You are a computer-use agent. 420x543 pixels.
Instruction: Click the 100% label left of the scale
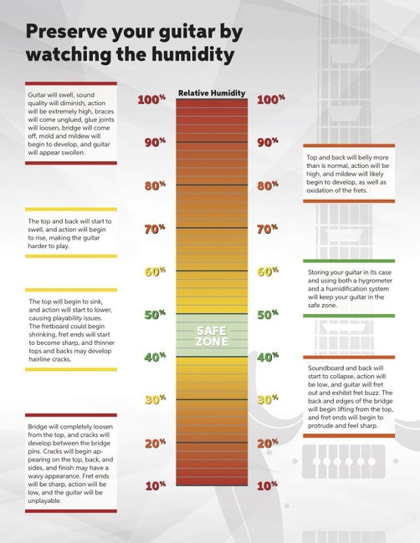[151, 100]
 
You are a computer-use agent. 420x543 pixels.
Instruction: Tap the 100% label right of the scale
[272, 100]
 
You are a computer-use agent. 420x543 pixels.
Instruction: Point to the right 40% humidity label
[268, 358]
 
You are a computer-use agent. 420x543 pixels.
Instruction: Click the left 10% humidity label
[155, 485]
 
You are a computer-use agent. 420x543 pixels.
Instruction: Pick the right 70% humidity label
[268, 229]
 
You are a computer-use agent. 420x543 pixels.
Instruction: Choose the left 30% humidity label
[155, 400]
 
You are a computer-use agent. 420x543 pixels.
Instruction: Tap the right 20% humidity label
[268, 443]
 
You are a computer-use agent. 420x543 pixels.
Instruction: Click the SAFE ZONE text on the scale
[212, 336]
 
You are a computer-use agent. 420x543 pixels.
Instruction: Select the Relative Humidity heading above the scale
[212, 93]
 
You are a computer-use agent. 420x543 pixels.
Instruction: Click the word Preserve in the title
[78, 33]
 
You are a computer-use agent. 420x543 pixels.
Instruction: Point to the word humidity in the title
[186, 56]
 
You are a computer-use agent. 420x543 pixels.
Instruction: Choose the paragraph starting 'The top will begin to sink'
[70, 329]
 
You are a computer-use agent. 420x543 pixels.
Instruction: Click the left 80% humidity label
[155, 186]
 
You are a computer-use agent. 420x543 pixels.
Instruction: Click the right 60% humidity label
[268, 272]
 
